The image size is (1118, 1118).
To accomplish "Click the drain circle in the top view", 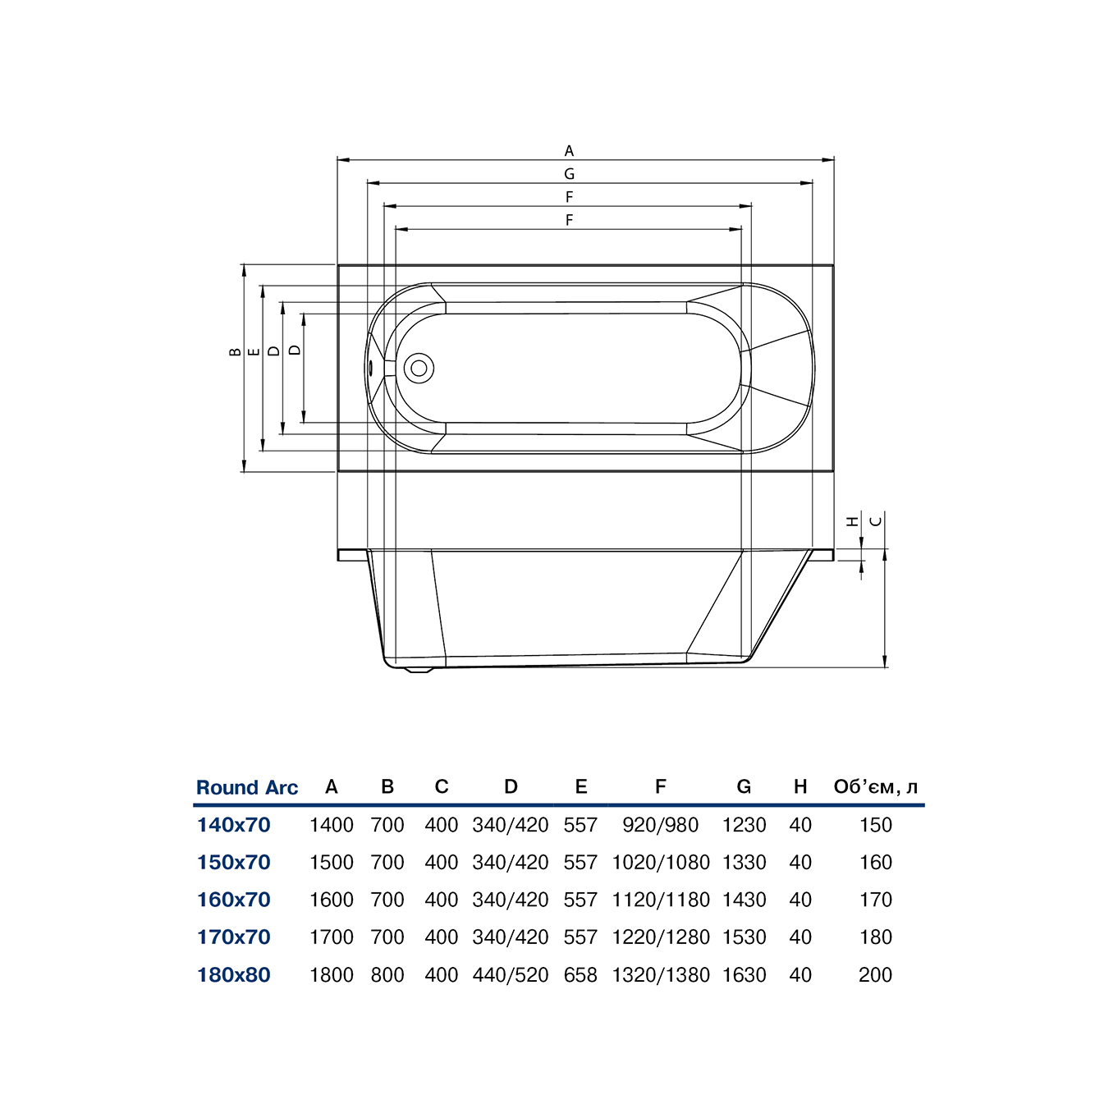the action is [x=419, y=368].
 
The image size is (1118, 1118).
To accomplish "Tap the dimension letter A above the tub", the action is [x=569, y=151].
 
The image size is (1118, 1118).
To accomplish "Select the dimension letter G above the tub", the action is [x=569, y=173].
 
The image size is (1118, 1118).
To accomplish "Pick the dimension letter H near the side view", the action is [x=852, y=521].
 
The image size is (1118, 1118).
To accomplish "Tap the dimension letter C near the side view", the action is [x=877, y=521].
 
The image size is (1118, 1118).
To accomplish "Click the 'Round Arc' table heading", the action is [x=247, y=787].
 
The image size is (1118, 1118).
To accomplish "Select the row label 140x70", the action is [x=234, y=825].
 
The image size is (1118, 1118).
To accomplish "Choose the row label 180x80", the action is [x=234, y=974].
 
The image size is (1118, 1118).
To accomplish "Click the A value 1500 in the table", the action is [x=332, y=862].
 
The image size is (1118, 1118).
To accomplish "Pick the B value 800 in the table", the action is [x=387, y=974].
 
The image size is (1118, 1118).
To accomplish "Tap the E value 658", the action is [x=581, y=974].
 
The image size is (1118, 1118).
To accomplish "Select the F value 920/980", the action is [x=660, y=825].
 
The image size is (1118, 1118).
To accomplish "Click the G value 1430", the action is [x=744, y=900].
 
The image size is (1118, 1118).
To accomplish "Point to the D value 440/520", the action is [x=511, y=974].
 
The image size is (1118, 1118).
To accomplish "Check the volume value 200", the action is [x=876, y=974].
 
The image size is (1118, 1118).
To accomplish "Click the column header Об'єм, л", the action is [x=876, y=786].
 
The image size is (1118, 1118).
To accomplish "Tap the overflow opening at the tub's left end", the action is [x=370, y=368].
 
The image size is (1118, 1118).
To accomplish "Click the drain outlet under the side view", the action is [x=419, y=671].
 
